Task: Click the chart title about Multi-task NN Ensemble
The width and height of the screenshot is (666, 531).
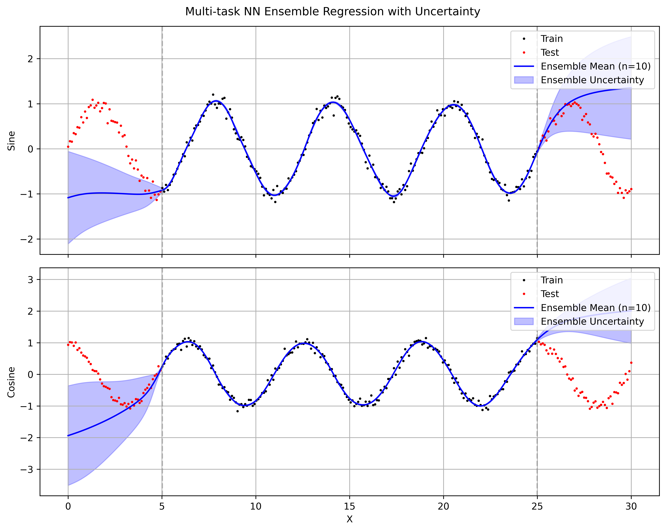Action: [333, 11]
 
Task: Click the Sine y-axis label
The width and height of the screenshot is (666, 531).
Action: [11, 141]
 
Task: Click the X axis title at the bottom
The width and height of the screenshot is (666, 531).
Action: [349, 519]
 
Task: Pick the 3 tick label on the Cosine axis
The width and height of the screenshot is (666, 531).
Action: [30, 280]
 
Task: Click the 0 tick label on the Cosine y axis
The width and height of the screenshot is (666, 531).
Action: [30, 375]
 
